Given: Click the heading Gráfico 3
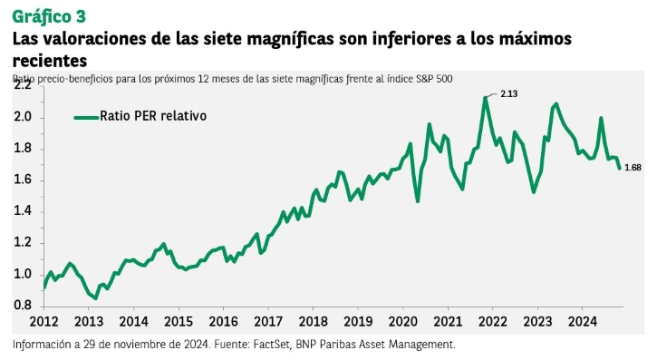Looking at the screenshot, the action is pyautogui.click(x=49, y=16).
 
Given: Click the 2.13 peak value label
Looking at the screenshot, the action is pyautogui.click(x=509, y=94).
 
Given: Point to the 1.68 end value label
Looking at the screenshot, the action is pyautogui.click(x=633, y=168).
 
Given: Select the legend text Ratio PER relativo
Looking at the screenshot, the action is pyautogui.click(x=153, y=116).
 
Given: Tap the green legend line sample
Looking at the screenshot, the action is pyautogui.click(x=86, y=118).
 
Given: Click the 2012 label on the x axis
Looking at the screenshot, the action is pyautogui.click(x=44, y=321).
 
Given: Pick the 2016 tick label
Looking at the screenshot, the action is pyautogui.click(x=223, y=321).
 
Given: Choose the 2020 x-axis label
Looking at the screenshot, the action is pyautogui.click(x=403, y=321).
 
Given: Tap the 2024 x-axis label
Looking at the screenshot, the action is pyautogui.click(x=582, y=321).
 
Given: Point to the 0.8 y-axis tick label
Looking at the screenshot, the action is pyautogui.click(x=23, y=305).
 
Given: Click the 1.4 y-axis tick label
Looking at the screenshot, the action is pyautogui.click(x=23, y=210).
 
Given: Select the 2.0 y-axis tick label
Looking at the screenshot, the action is pyautogui.click(x=23, y=116).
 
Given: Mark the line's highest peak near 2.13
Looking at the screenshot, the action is pyautogui.click(x=485, y=98).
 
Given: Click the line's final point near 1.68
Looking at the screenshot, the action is pyautogui.click(x=619, y=169).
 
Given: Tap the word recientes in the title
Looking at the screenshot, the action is pyautogui.click(x=50, y=61).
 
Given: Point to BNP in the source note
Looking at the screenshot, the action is pyautogui.click(x=304, y=345).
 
